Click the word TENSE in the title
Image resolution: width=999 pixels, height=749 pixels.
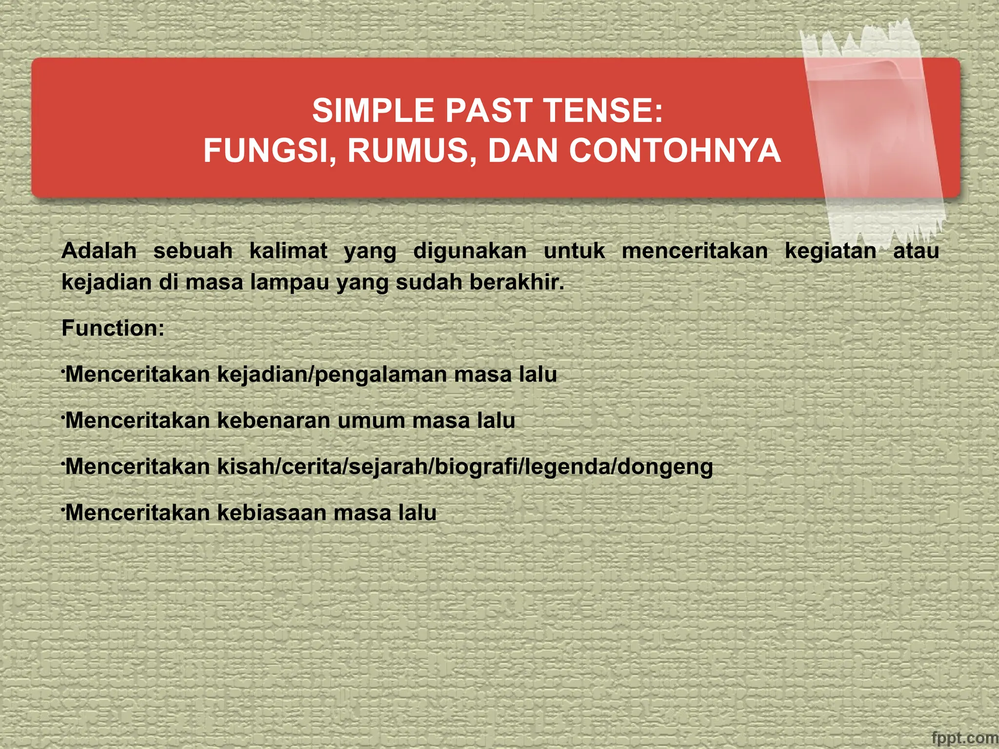(602, 111)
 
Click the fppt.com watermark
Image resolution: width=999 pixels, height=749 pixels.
(964, 738)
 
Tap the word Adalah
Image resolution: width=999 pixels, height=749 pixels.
(99, 251)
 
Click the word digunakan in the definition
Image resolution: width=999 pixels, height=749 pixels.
(470, 251)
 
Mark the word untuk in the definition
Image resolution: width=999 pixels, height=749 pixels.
(574, 251)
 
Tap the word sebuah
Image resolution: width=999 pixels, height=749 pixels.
(193, 251)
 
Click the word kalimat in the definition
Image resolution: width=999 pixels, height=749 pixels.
(288, 251)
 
